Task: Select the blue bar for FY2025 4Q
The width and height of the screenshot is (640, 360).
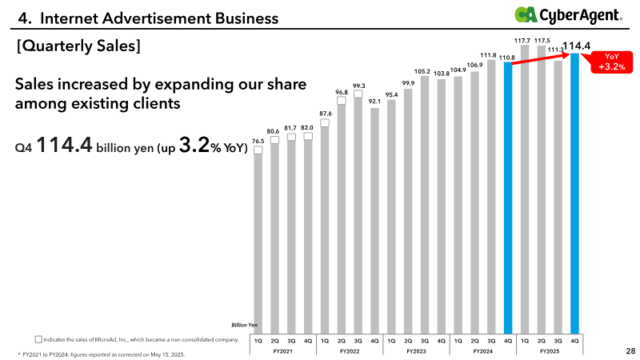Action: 574,192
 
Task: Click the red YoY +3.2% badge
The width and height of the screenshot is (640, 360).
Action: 612,62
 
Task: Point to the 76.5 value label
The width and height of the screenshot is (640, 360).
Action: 258,141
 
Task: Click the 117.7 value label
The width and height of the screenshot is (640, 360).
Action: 525,40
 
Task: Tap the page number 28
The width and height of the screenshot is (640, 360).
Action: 630,350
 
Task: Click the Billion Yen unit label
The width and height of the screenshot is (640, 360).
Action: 245,325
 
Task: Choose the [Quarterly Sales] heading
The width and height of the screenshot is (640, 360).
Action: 78,46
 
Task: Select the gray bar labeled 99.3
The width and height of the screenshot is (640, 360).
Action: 358,216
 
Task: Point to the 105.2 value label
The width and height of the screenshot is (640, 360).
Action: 424,72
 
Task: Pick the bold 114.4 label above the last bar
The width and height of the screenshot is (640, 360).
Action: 577,46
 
